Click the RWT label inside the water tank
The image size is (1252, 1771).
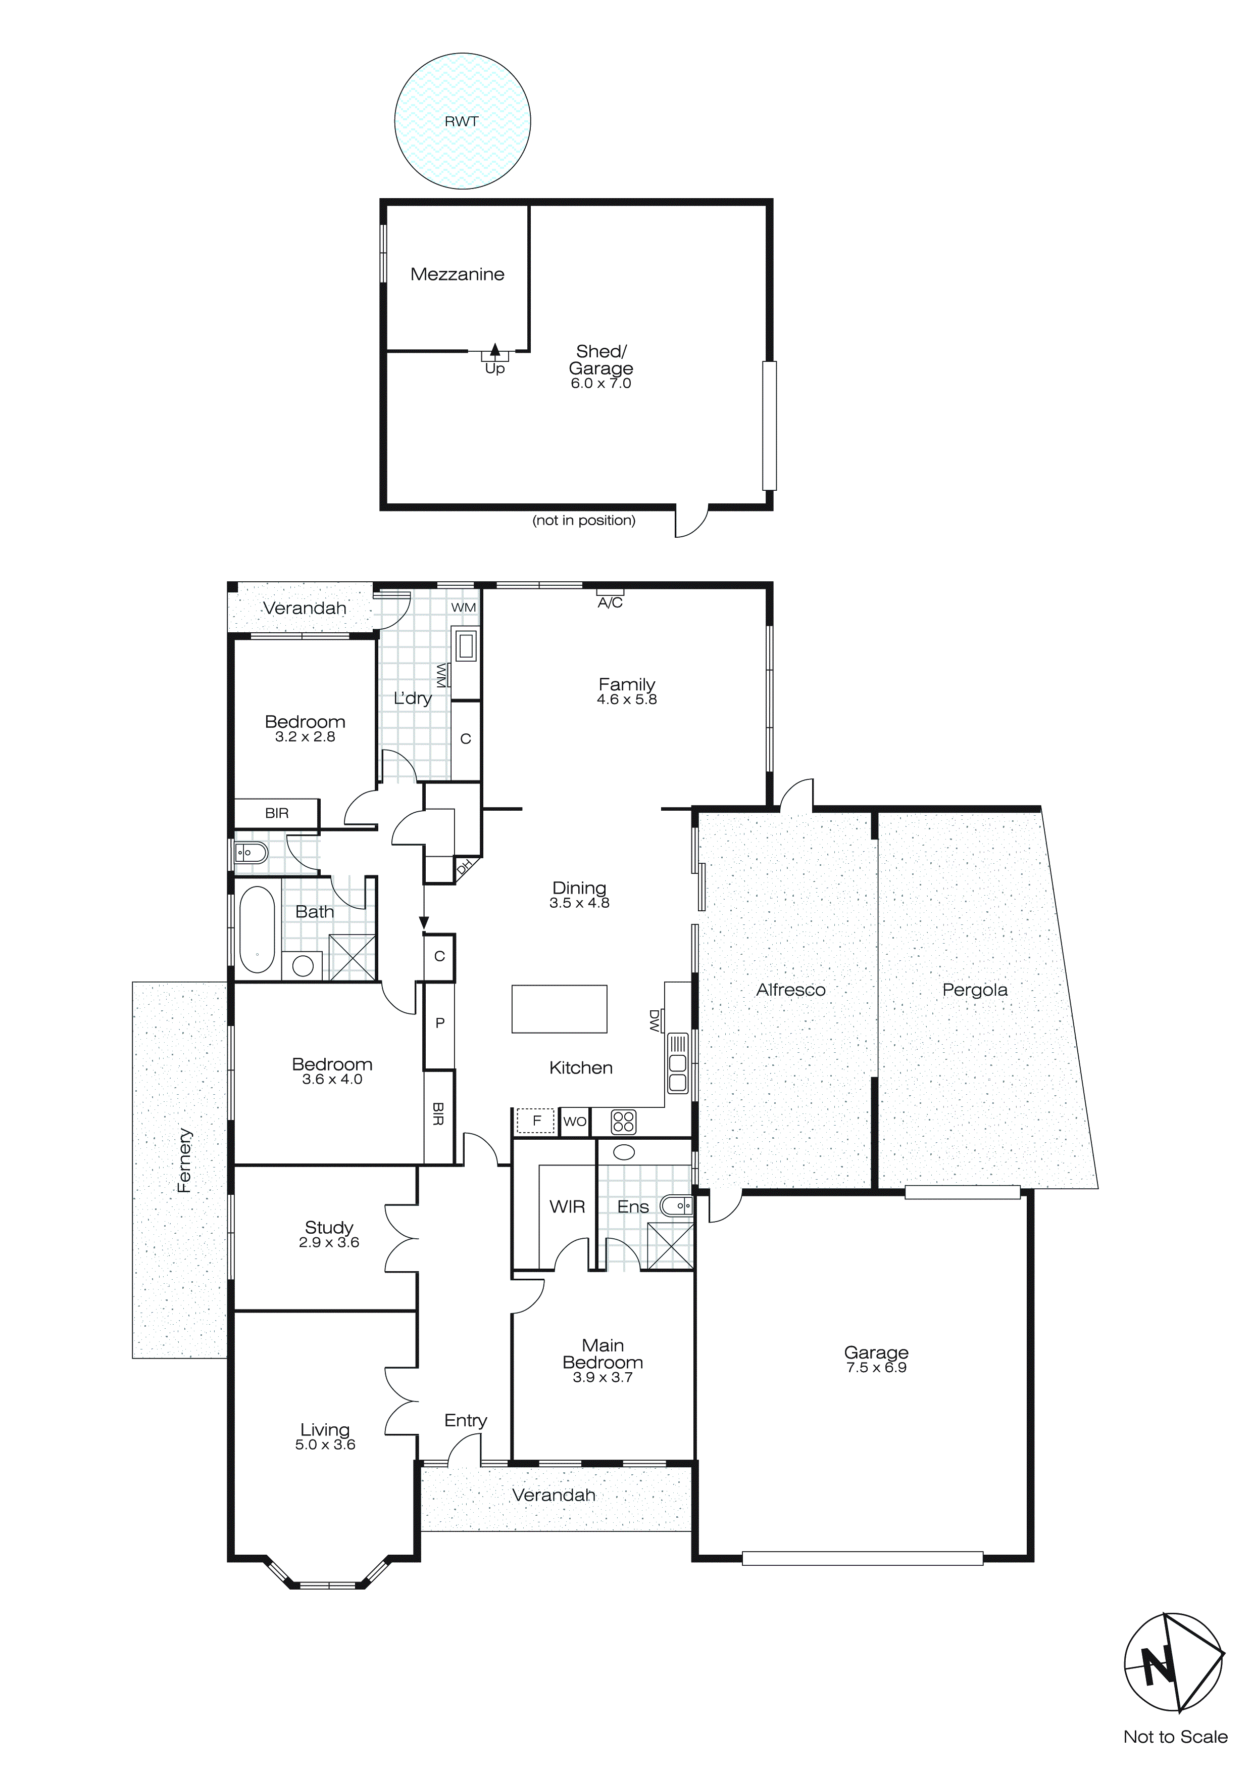461,122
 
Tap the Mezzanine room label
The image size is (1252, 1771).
457,274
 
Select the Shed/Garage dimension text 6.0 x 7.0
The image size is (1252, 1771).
600,383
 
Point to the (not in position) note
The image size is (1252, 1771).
584,521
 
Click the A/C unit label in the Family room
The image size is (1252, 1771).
610,602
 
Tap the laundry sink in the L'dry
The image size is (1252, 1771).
465,645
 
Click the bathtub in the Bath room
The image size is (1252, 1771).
257,930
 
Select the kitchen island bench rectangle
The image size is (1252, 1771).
559,1008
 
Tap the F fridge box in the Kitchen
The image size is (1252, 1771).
536,1121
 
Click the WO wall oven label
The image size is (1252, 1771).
574,1122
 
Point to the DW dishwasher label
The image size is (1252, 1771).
654,1021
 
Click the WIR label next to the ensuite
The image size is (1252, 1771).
567,1207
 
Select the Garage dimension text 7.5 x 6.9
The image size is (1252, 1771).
876,1368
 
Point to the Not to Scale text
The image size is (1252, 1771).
1175,1737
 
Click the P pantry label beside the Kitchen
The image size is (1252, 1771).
439,1023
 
